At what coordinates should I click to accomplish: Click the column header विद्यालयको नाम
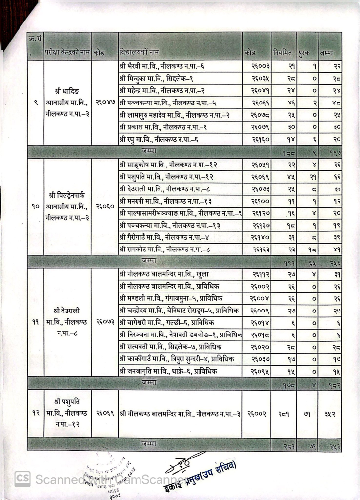click(139, 52)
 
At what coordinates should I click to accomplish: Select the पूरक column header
click(307, 52)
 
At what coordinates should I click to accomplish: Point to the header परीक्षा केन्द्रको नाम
click(67, 52)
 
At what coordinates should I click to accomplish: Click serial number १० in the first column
click(36, 207)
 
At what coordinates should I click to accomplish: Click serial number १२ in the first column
click(36, 413)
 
